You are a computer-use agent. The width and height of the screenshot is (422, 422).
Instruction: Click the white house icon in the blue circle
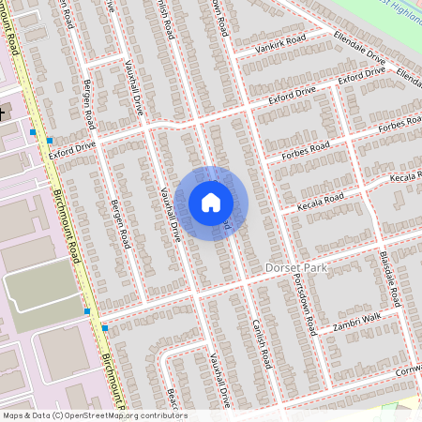click(x=211, y=203)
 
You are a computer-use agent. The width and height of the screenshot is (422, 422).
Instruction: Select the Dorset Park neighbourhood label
click(x=296, y=268)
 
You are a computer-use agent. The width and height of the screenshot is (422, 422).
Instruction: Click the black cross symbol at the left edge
click(x=2, y=113)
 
